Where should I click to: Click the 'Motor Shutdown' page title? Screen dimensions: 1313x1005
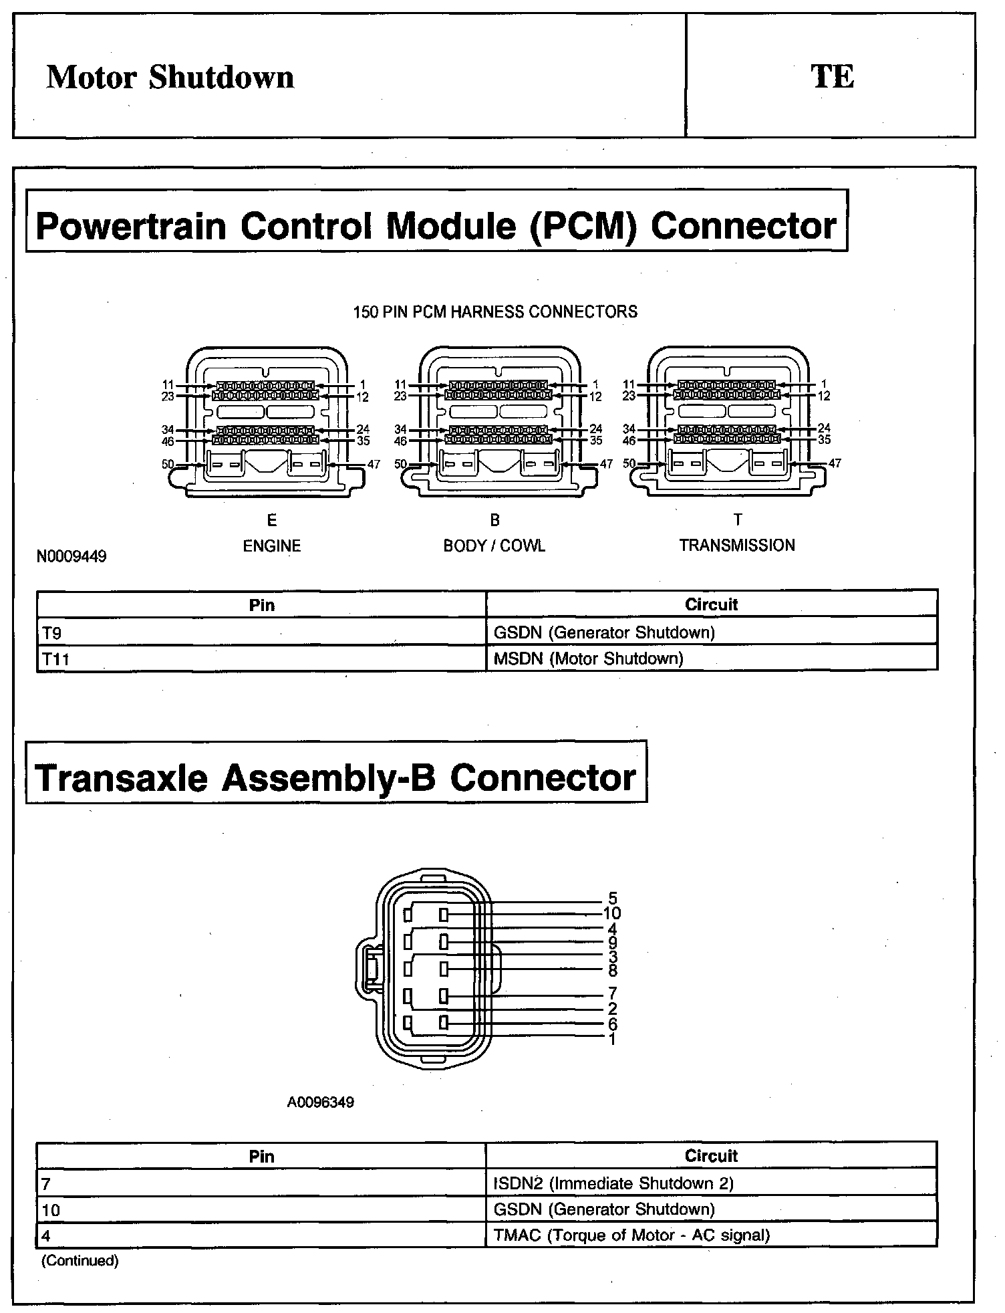pyautogui.click(x=170, y=77)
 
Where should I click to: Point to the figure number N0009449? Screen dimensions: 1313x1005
pyautogui.click(x=71, y=556)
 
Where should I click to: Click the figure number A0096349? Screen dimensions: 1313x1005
pyautogui.click(x=321, y=1102)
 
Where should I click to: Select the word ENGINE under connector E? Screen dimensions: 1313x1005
pyautogui.click(x=271, y=546)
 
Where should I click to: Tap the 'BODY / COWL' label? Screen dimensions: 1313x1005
pyautogui.click(x=494, y=546)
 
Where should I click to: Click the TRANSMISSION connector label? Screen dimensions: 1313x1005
pyautogui.click(x=737, y=546)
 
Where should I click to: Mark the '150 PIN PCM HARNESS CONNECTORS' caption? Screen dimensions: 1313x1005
pyautogui.click(x=495, y=312)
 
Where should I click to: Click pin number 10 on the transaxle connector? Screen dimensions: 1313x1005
pyautogui.click(x=612, y=913)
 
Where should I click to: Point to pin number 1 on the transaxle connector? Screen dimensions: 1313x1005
pyautogui.click(x=612, y=1039)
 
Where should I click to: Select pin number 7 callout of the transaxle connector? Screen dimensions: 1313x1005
pyautogui.click(x=612, y=993)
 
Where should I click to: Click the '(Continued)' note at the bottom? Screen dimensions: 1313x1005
pyautogui.click(x=80, y=1261)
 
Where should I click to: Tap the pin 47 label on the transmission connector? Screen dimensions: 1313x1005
pyautogui.click(x=835, y=463)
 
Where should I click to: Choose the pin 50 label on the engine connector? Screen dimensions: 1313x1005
pyautogui.click(x=167, y=464)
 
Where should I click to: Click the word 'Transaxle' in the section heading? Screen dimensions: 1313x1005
pyautogui.click(x=121, y=778)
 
